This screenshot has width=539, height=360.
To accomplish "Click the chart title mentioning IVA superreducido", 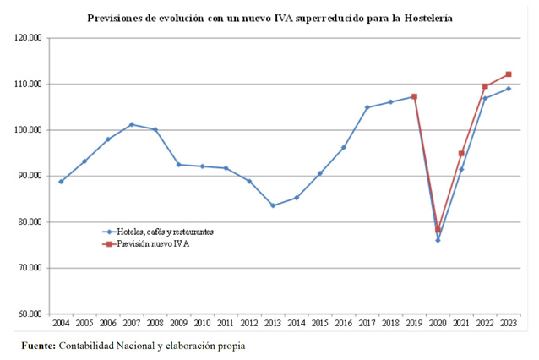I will click(269, 17).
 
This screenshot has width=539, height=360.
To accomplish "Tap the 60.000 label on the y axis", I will click(30, 314).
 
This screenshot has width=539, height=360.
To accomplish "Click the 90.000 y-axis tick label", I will click(30, 177).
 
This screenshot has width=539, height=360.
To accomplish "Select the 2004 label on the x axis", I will click(61, 324).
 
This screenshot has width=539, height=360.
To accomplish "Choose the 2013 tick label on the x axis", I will click(273, 324).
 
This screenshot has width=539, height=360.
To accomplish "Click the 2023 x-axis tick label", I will click(509, 324).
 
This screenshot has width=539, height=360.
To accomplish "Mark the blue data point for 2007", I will click(132, 124).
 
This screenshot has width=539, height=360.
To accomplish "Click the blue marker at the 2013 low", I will click(273, 205).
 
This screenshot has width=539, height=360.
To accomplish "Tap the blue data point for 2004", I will click(61, 182).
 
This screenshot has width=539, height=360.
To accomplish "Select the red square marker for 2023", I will click(509, 74).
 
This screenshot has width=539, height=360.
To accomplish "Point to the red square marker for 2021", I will click(461, 154).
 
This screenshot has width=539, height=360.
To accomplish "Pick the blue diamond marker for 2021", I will click(461, 170).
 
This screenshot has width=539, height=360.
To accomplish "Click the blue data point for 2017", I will click(367, 107).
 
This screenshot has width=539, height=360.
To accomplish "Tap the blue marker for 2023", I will click(509, 89).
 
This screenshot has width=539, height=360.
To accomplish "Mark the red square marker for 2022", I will click(485, 86).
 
